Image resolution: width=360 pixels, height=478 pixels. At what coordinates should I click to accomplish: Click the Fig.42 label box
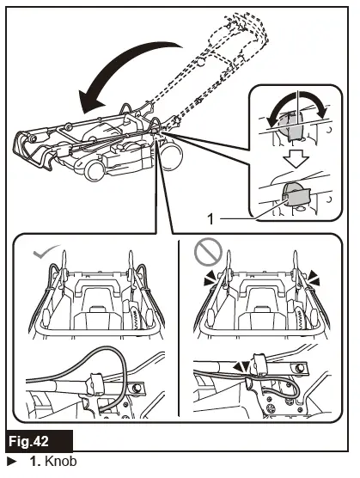tap(39, 441)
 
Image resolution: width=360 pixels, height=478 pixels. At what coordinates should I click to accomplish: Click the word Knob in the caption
tap(61, 461)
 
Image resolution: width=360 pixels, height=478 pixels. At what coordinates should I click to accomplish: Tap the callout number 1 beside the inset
tap(211, 219)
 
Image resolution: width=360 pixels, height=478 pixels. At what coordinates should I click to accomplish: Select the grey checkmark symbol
tap(46, 251)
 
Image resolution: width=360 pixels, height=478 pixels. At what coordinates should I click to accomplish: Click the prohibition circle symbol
tap(208, 252)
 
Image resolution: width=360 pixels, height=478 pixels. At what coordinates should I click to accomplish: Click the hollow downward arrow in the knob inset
tap(296, 159)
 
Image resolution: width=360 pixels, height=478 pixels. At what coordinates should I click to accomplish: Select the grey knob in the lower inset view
tap(296, 194)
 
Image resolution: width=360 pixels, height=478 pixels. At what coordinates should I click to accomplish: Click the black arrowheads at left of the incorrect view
tap(211, 279)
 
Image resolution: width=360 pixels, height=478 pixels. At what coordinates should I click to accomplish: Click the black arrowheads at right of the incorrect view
tap(313, 279)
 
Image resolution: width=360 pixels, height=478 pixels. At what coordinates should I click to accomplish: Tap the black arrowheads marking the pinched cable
tap(241, 366)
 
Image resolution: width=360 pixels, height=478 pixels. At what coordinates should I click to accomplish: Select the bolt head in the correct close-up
tap(137, 388)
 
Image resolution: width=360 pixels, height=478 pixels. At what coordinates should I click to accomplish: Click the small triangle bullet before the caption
tap(11, 461)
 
